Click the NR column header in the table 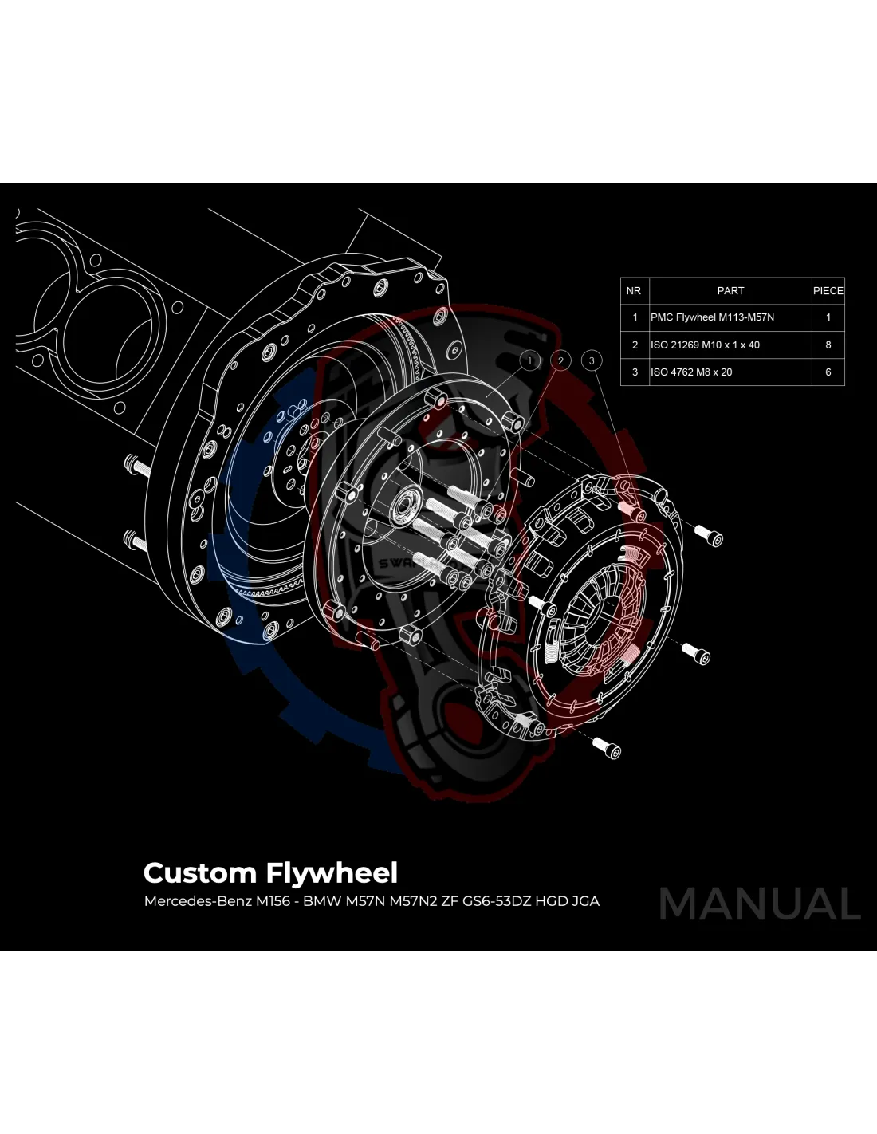[634, 291]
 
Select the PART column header [730, 291]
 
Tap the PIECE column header [828, 291]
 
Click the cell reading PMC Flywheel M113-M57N [712, 317]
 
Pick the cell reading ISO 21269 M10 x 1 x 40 [705, 345]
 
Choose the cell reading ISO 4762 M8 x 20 [691, 372]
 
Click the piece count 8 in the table [828, 345]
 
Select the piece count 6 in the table [828, 372]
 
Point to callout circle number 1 [530, 361]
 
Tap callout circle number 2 [560, 361]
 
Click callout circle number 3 [592, 361]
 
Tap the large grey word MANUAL [760, 904]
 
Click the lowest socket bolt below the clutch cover [608, 748]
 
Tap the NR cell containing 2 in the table [635, 345]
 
